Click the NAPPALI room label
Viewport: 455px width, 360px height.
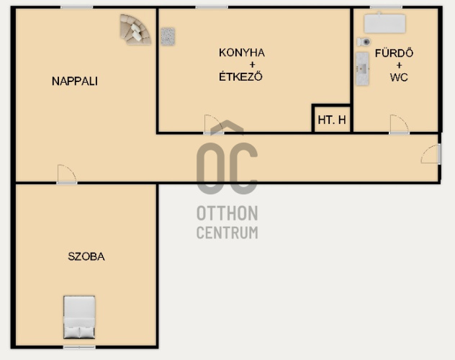tap(75, 81)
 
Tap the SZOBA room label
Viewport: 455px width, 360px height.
tap(86, 256)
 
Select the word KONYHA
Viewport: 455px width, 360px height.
tap(242, 53)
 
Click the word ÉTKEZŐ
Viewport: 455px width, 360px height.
tap(240, 76)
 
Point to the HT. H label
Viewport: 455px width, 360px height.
tap(332, 120)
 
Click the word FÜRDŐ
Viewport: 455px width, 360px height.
tap(394, 53)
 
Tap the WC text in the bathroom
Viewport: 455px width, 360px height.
tap(399, 78)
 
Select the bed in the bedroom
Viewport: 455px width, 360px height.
tap(79, 318)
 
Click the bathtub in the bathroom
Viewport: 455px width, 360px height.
tap(384, 23)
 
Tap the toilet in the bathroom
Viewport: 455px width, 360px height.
tap(364, 42)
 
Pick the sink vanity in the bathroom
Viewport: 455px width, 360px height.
tap(362, 69)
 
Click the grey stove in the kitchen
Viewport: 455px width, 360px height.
tap(168, 37)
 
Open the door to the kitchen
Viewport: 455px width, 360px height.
tap(214, 125)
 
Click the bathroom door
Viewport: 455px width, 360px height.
tap(400, 125)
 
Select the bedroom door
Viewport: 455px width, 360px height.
tap(67, 175)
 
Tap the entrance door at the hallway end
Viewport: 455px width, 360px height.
tap(431, 154)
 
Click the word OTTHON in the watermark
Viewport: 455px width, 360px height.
tap(227, 213)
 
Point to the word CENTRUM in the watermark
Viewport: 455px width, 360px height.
tap(227, 233)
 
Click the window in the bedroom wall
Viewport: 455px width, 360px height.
tap(79, 347)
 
